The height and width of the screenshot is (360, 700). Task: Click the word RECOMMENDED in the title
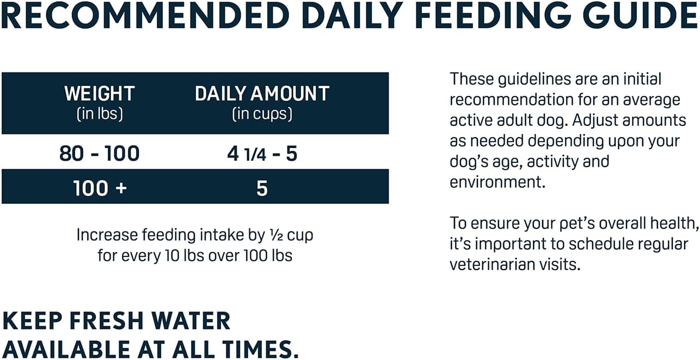[145, 16]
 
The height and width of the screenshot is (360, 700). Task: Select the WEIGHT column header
[100, 94]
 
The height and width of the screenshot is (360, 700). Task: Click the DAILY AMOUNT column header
[262, 94]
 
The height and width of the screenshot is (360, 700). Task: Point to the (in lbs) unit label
[100, 114]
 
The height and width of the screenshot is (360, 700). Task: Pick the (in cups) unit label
[262, 114]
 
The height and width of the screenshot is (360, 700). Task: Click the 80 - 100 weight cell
[100, 154]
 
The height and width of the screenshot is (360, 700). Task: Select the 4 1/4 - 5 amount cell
[262, 154]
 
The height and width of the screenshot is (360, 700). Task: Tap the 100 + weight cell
[100, 188]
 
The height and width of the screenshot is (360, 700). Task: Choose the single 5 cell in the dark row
[262, 188]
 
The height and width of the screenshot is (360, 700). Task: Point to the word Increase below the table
[107, 235]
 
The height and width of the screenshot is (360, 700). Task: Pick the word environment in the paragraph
[498, 182]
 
